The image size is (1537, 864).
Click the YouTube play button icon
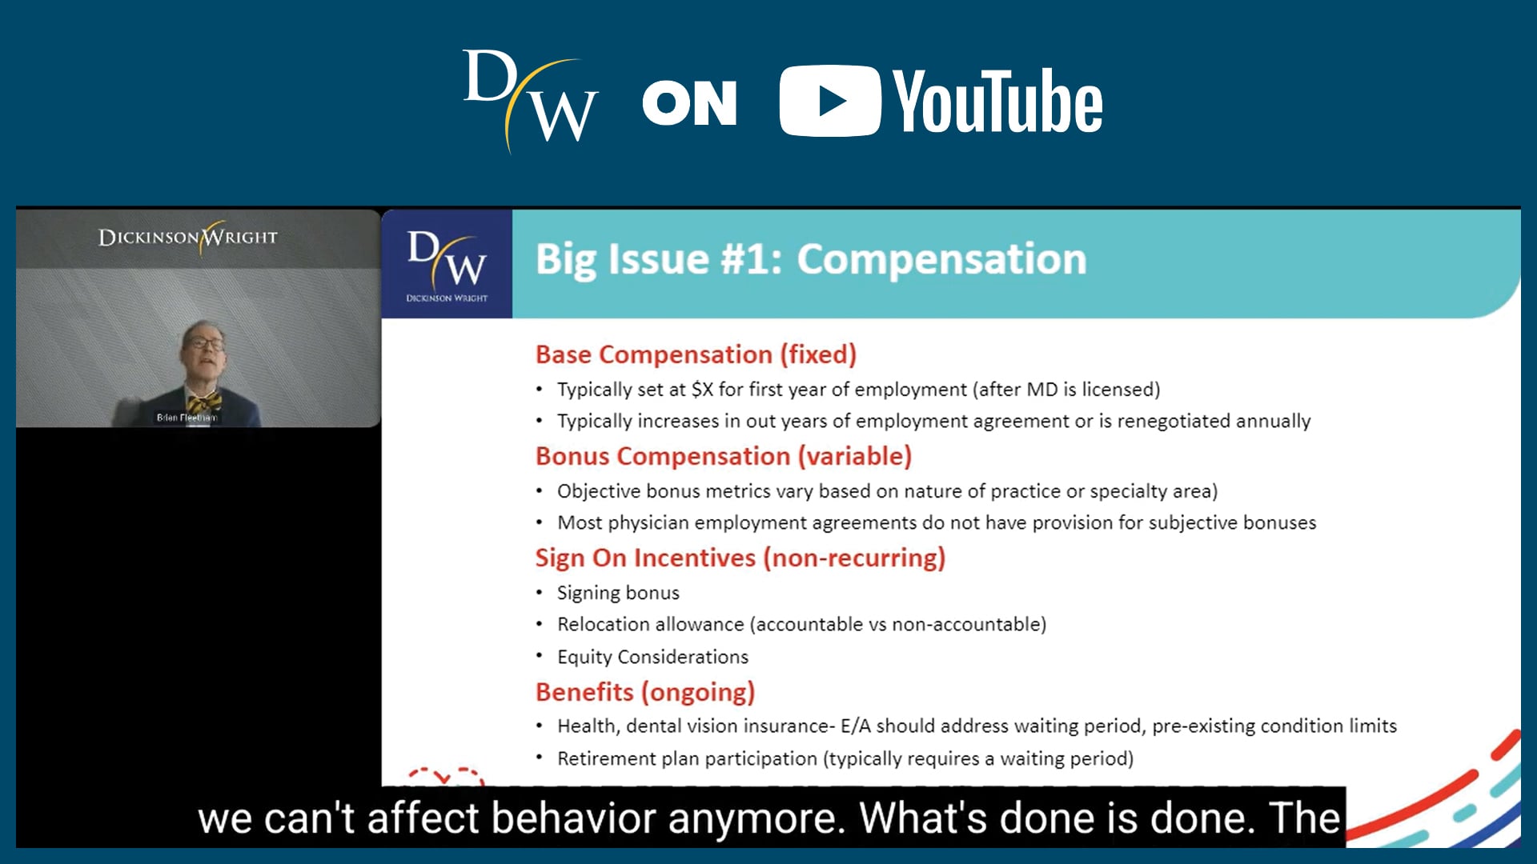[x=829, y=101]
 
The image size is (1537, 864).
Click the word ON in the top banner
[x=689, y=103]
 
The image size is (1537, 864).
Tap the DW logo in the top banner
[x=530, y=100]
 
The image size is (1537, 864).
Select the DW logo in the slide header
[x=447, y=264]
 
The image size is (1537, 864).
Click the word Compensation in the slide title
[x=941, y=260]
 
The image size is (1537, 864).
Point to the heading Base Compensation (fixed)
[x=696, y=354]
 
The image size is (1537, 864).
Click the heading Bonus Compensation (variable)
[x=724, y=456]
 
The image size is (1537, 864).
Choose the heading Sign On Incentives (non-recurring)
[x=740, y=558]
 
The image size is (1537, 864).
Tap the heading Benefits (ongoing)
[x=645, y=692]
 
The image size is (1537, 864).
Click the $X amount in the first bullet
[x=702, y=390]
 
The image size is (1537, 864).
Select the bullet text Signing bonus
[x=618, y=593]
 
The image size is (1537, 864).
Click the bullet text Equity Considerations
[x=652, y=657]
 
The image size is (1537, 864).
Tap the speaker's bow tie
[x=204, y=402]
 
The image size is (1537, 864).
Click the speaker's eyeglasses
[x=205, y=344]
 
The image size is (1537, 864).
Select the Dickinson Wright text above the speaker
[x=188, y=237]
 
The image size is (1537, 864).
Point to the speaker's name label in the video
[x=187, y=418]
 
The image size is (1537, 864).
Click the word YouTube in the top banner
[x=997, y=101]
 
